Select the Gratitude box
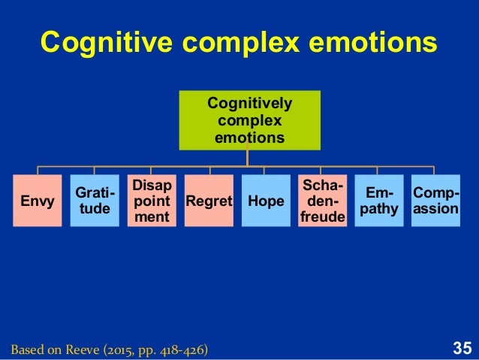(94, 201)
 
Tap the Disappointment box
(151, 201)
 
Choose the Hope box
(264, 201)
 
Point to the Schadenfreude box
(321, 201)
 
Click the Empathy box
(378, 201)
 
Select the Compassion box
(435, 201)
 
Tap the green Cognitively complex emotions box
(249, 120)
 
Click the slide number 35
(462, 348)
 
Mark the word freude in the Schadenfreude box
(321, 217)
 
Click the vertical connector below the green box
(249, 157)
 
